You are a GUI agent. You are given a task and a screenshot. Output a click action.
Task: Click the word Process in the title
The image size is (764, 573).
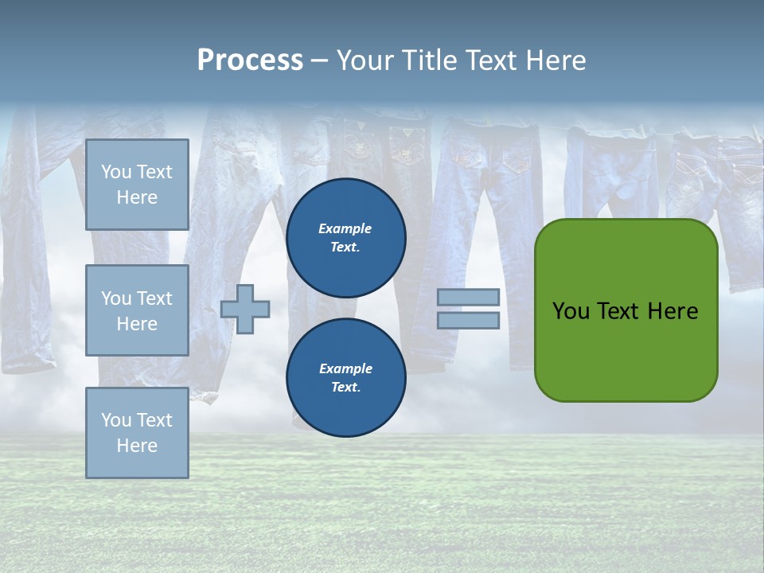tap(250, 60)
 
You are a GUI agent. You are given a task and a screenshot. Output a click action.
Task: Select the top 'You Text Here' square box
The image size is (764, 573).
tap(137, 185)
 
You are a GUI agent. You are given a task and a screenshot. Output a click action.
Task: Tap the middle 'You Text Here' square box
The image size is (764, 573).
tap(137, 310)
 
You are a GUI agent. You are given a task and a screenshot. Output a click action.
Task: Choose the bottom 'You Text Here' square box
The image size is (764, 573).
tap(137, 433)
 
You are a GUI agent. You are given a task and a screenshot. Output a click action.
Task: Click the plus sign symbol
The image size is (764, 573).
tap(245, 309)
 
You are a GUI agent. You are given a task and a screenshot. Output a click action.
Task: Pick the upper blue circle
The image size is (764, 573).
tap(345, 238)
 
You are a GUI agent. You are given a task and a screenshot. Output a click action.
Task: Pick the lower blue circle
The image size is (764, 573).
tap(345, 378)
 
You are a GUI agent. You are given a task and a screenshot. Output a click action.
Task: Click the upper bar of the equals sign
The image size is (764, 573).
tap(468, 298)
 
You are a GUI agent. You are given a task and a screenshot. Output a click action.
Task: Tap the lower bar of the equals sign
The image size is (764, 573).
tap(468, 321)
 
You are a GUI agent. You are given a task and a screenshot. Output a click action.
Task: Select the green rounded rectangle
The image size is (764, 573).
tap(626, 310)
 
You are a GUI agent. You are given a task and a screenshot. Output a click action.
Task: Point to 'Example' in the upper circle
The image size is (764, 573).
tap(345, 228)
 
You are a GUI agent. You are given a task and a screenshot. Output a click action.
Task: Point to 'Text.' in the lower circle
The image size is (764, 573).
tap(345, 388)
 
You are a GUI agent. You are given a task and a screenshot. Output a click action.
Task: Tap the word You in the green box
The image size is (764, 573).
tap(571, 311)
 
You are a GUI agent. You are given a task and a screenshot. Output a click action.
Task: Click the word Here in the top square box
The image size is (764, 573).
tap(137, 197)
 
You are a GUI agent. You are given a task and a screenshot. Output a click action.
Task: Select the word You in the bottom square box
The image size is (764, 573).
tap(116, 420)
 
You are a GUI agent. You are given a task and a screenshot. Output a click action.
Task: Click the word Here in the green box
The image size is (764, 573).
tap(672, 311)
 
